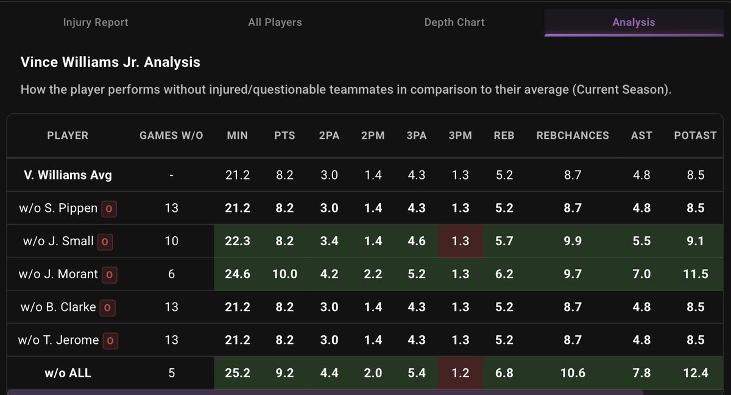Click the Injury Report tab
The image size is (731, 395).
[x=96, y=22]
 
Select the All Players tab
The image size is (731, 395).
[x=275, y=22]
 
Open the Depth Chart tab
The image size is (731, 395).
[x=454, y=22]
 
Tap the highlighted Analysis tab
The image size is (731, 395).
[x=634, y=22]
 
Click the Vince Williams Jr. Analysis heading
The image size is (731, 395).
[x=110, y=62]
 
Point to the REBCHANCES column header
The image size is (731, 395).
[x=572, y=135]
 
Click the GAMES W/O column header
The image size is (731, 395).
[x=171, y=135]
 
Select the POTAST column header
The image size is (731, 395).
[x=695, y=135]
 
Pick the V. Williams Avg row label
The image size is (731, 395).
[x=68, y=175]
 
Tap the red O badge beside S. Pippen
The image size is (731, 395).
[x=110, y=209]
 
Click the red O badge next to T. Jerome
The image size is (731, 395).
[x=110, y=340]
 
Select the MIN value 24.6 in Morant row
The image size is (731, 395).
[x=237, y=274]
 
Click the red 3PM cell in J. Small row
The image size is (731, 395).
[x=460, y=241]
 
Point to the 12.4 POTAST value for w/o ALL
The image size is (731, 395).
[x=695, y=372]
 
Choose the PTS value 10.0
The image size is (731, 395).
[x=284, y=274]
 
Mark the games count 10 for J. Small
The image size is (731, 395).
[x=171, y=241]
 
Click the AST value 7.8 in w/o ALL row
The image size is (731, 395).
[x=641, y=372]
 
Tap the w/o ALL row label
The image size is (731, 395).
[x=68, y=372]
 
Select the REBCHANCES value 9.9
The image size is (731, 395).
[x=572, y=241]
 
